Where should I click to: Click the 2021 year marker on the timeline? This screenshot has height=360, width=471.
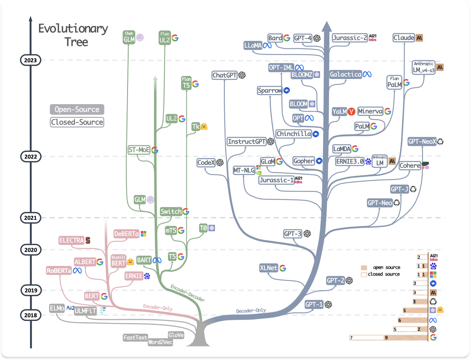(31, 218)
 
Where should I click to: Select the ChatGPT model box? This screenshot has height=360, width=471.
(224, 75)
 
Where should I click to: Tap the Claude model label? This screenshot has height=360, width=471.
(403, 38)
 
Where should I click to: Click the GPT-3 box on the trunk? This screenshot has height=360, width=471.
(293, 234)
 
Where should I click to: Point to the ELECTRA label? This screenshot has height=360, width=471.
(71, 240)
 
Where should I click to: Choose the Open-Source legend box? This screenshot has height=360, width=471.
(77, 110)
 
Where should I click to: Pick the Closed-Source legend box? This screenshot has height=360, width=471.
(77, 122)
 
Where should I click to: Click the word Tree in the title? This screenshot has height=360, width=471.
(77, 42)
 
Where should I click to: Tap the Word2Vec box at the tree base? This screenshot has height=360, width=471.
(160, 342)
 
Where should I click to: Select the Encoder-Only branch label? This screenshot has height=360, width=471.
(158, 307)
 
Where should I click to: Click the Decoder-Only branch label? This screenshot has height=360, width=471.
(251, 310)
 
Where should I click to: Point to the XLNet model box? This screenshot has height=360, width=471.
(269, 268)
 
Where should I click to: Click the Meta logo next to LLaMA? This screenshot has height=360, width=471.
(267, 46)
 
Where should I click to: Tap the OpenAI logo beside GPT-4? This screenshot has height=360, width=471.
(317, 38)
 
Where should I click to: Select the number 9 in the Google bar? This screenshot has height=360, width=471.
(386, 338)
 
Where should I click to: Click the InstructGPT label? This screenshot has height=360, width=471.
(247, 142)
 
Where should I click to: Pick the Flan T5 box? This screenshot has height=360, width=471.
(186, 83)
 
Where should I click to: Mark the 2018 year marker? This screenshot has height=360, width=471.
(31, 315)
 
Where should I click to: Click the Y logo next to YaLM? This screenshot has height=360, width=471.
(351, 111)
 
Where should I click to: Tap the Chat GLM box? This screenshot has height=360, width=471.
(129, 37)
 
